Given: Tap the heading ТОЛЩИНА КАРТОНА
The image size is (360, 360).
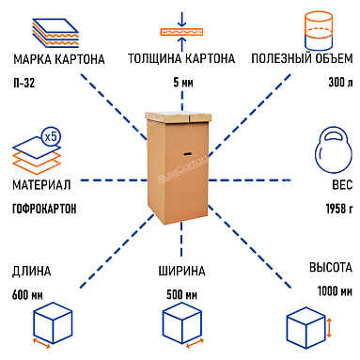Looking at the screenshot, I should [181, 59].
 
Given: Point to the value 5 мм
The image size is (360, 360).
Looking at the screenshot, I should [181, 82].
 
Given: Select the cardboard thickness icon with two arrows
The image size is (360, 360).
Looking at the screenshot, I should [181, 26].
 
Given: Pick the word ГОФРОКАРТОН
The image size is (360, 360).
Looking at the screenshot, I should [45, 207].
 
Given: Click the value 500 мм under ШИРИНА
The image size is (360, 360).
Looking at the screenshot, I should [181, 293].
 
